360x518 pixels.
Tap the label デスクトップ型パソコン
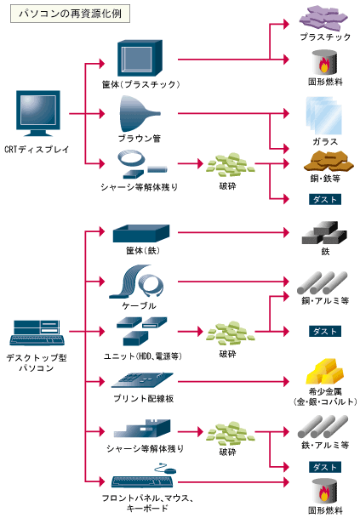pyautogui.click(x=37, y=362)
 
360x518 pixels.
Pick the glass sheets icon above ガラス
pyautogui.click(x=324, y=115)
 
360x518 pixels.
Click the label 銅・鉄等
pyautogui.click(x=324, y=179)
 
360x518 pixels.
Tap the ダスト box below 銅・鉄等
pyautogui.click(x=324, y=199)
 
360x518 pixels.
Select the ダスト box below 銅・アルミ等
pyautogui.click(x=324, y=331)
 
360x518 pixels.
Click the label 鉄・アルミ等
pyautogui.click(x=324, y=445)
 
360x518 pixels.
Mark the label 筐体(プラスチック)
pyautogui.click(x=140, y=84)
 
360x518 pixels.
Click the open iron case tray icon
pyautogui.click(x=140, y=233)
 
